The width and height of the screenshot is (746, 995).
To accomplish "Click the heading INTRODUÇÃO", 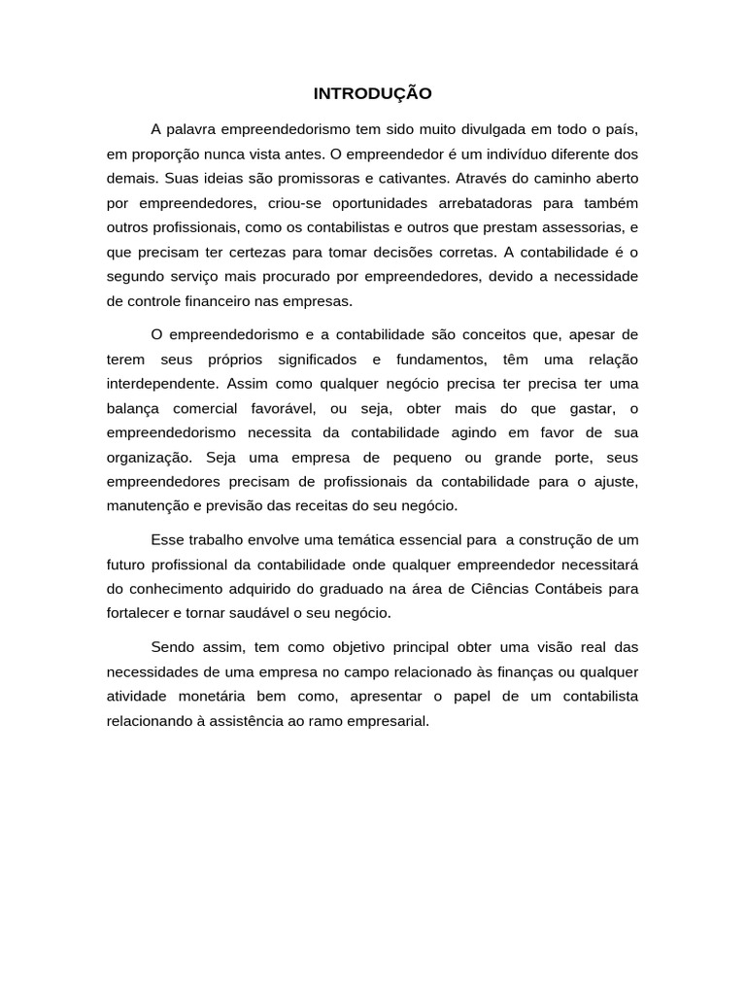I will pyautogui.click(x=372, y=94).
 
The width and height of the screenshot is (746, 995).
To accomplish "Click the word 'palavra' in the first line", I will pyautogui.click(x=191, y=129).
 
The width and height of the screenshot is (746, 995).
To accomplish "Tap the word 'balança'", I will pyautogui.click(x=133, y=407).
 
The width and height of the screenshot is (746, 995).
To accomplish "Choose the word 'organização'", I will pyautogui.click(x=148, y=457).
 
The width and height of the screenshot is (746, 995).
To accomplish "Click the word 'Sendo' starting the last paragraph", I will pyautogui.click(x=172, y=647).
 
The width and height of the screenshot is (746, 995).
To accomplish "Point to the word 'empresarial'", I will pyautogui.click(x=388, y=722).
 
